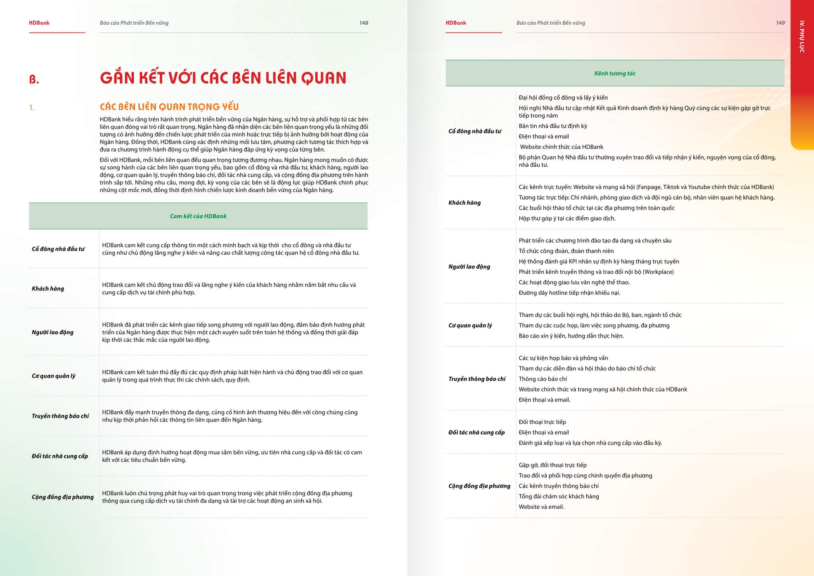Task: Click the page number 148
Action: click(x=363, y=23)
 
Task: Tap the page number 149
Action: click(x=780, y=23)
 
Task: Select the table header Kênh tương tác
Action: click(x=615, y=74)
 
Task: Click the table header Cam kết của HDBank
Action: click(x=198, y=216)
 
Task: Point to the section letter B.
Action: click(x=34, y=79)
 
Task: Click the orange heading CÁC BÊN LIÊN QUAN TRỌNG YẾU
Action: click(x=169, y=107)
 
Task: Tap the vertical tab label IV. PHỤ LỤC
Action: click(x=802, y=37)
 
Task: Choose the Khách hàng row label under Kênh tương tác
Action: click(x=464, y=203)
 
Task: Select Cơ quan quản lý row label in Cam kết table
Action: click(x=54, y=376)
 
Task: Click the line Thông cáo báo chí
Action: click(x=543, y=379)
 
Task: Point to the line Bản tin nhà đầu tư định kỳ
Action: click(x=553, y=126)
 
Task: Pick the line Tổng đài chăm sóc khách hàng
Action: click(x=559, y=497)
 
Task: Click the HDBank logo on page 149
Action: click(x=456, y=23)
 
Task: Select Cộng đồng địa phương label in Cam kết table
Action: click(x=63, y=497)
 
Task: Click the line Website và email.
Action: click(x=541, y=507)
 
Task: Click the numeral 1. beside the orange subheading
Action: click(x=32, y=107)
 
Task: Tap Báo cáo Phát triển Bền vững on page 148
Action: click(x=134, y=23)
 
